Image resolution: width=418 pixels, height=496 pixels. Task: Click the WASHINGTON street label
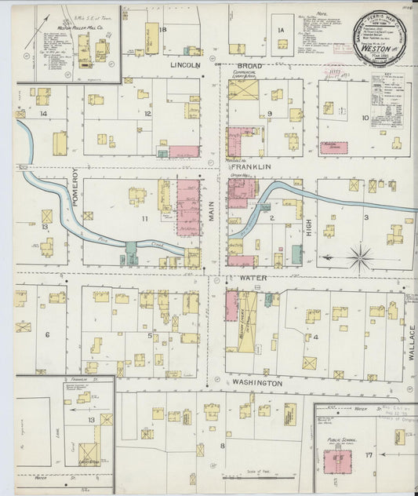point(256,383)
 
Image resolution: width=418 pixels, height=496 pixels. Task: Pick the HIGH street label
point(309,228)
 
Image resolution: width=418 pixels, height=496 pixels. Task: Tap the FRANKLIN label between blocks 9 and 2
point(251,167)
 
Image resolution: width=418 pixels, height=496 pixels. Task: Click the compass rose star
point(360,257)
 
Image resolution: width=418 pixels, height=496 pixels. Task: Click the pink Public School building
point(337,461)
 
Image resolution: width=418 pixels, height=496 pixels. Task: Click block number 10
point(364,118)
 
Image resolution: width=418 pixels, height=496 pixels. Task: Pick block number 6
point(47,335)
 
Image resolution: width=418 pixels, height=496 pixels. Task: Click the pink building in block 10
point(334,147)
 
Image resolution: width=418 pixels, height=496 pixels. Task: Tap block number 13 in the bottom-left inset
point(91,420)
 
